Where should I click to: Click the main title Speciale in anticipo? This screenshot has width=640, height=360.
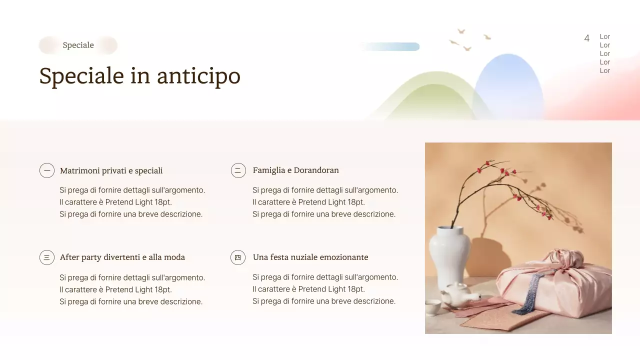[139, 76]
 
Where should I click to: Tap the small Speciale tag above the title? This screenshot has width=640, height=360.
[78, 45]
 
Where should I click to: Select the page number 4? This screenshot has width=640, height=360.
[586, 38]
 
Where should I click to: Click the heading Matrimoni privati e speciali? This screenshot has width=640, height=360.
[111, 171]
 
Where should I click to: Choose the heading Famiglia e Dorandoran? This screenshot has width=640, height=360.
[295, 170]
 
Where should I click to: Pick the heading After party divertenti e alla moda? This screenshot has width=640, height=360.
[122, 257]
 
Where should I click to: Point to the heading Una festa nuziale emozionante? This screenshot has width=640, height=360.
[310, 257]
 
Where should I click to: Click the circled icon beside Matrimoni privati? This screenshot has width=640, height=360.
[47, 170]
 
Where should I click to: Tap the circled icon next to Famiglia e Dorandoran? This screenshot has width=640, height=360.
[238, 170]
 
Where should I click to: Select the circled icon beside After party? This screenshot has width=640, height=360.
[47, 257]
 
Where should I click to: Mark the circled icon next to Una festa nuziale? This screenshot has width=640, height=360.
[238, 257]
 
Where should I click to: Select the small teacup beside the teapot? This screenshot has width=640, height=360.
[432, 307]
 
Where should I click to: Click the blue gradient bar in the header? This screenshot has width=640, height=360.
[390, 47]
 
